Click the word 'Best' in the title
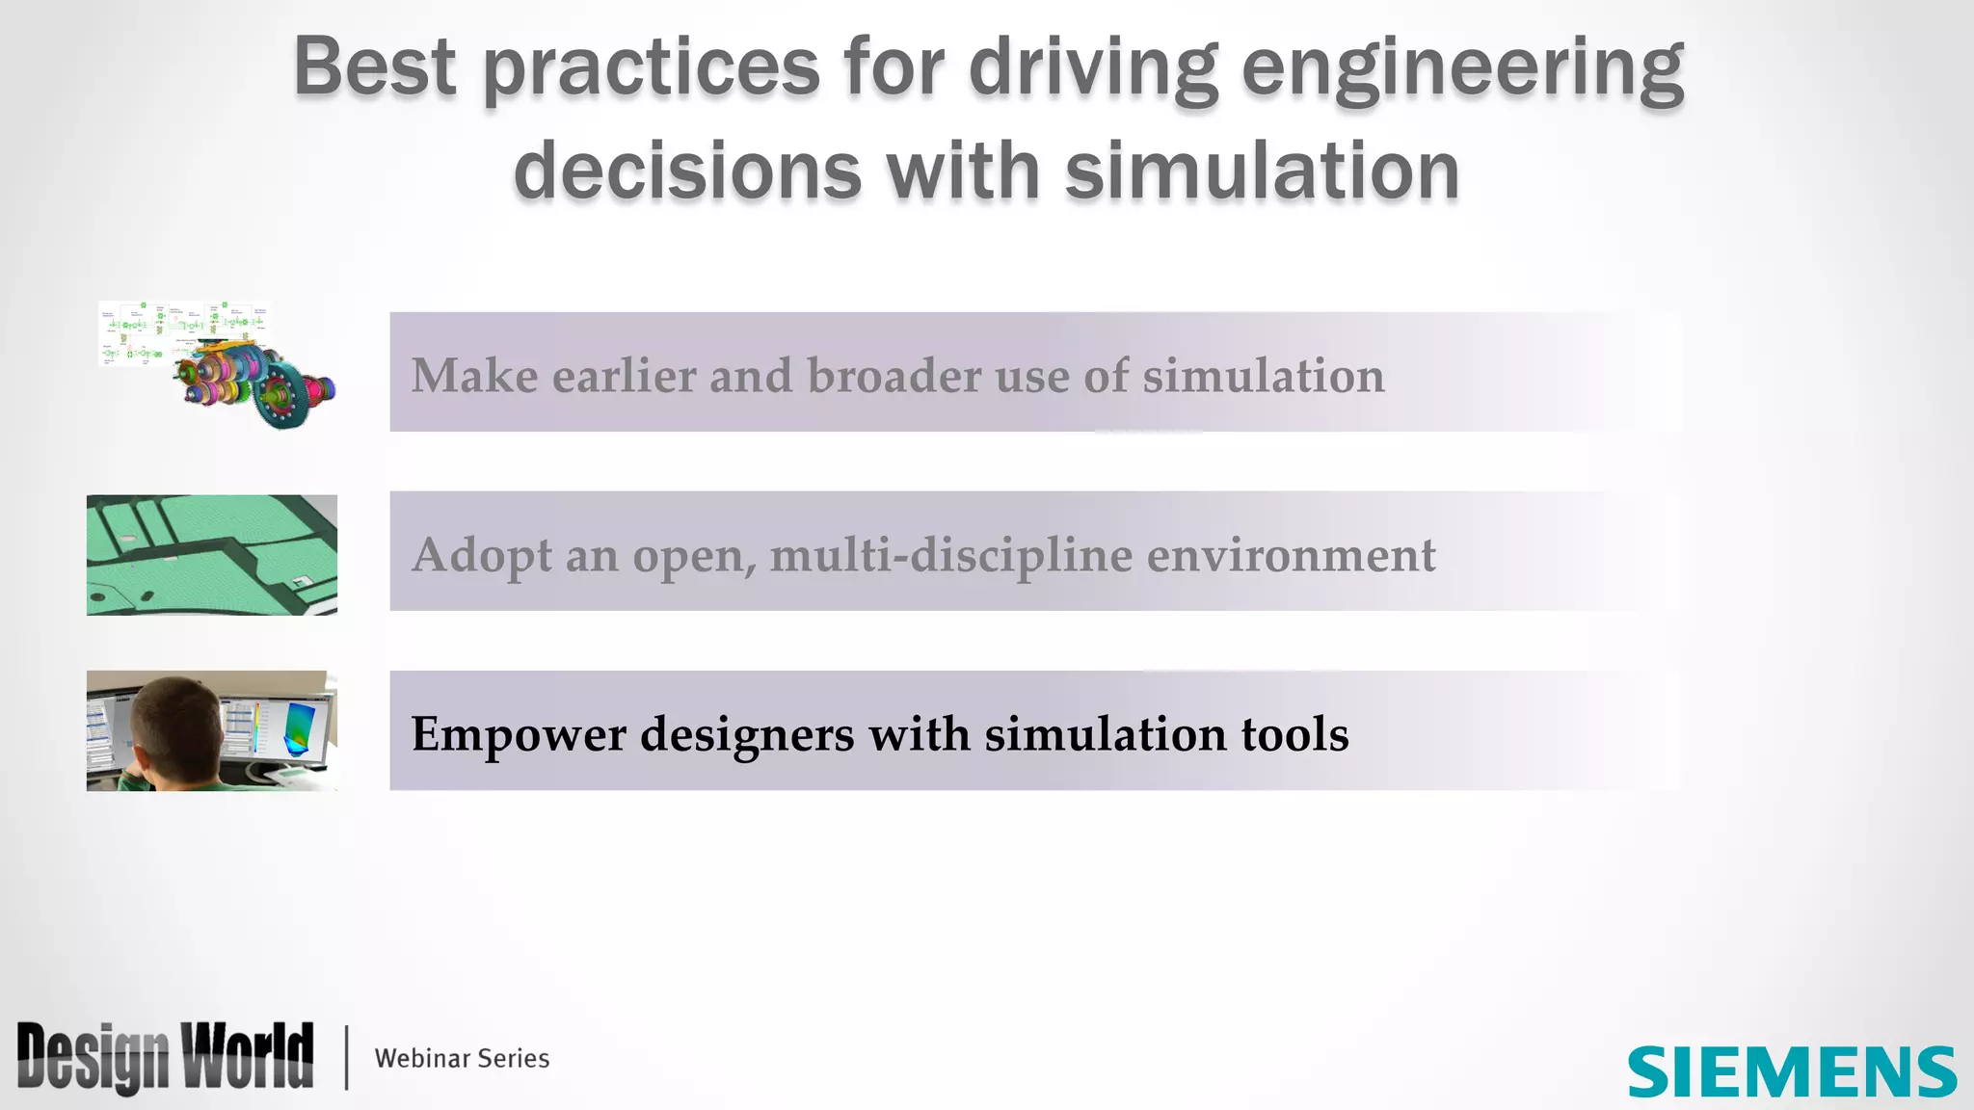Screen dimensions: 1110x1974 pos(374,67)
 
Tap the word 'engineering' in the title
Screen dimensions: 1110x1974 pos(1462,69)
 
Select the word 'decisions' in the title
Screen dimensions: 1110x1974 pos(687,172)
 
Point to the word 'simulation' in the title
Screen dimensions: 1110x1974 pos(1262,172)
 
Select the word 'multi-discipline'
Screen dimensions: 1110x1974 pos(950,556)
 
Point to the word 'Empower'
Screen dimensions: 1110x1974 pos(519,735)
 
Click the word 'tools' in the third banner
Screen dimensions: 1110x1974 pos(1294,734)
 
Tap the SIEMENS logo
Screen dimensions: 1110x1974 pos(1792,1072)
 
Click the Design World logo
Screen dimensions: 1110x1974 pos(165,1057)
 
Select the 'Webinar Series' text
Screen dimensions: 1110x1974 pos(462,1058)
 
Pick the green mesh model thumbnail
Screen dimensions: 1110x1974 pos(212,555)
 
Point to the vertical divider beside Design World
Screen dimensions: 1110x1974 pos(346,1057)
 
